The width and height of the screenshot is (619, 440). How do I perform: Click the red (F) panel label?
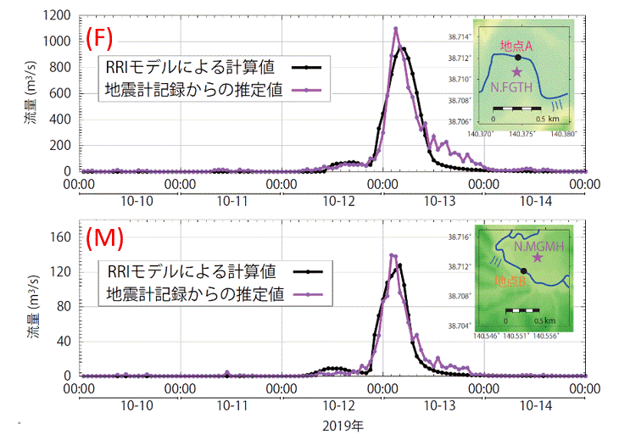click(x=100, y=37)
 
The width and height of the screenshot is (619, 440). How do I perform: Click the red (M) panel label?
click(x=104, y=241)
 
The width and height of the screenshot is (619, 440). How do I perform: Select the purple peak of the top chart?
click(x=395, y=29)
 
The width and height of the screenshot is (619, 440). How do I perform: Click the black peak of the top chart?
click(x=404, y=48)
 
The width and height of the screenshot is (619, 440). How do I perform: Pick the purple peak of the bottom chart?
click(x=392, y=254)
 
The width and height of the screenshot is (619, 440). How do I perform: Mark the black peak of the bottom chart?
click(x=399, y=265)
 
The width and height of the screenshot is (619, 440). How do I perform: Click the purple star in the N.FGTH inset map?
click(x=516, y=73)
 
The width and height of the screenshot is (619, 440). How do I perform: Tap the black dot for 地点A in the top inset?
click(x=516, y=58)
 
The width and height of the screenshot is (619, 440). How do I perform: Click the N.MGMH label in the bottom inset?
click(x=539, y=245)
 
